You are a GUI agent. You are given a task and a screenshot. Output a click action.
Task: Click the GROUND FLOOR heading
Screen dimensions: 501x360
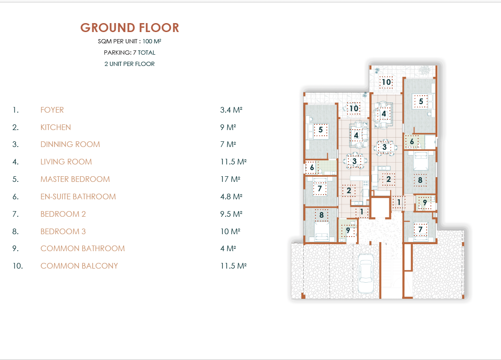pyautogui.click(x=129, y=28)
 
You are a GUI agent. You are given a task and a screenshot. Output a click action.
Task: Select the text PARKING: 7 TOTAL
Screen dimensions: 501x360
pyautogui.click(x=129, y=52)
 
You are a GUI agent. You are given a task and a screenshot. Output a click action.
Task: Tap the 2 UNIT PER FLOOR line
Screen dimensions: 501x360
pyautogui.click(x=129, y=64)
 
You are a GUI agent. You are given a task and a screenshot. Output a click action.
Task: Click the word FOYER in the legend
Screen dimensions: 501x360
pyautogui.click(x=52, y=110)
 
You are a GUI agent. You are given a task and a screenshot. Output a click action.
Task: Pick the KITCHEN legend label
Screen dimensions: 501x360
pyautogui.click(x=56, y=127)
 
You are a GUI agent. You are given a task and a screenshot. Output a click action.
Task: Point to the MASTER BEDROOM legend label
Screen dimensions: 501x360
pyautogui.click(x=75, y=180)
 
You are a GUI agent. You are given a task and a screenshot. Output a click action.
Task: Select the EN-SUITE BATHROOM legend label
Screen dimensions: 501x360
pyautogui.click(x=78, y=196)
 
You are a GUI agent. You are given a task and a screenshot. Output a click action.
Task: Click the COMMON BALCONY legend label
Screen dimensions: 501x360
pyautogui.click(x=79, y=266)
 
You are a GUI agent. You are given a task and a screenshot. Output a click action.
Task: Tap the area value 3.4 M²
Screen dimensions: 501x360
pyautogui.click(x=231, y=110)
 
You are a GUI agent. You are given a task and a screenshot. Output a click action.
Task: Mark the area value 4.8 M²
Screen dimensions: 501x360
pyautogui.click(x=231, y=196)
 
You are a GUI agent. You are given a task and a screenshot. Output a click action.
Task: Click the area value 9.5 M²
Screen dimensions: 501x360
pyautogui.click(x=231, y=214)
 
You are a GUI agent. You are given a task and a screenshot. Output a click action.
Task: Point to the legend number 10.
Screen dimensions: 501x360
pyautogui.click(x=18, y=266)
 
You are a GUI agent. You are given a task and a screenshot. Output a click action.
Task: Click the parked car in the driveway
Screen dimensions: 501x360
pyautogui.click(x=365, y=273)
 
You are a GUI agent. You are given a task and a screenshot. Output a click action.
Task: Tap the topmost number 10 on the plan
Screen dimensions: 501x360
pyautogui.click(x=386, y=82)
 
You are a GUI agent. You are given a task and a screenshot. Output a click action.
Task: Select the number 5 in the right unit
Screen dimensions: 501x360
pyautogui.click(x=421, y=102)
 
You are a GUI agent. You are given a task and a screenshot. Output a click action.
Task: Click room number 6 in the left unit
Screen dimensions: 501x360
pyautogui.click(x=312, y=168)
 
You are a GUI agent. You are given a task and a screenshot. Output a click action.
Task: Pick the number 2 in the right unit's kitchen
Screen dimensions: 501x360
pyautogui.click(x=388, y=180)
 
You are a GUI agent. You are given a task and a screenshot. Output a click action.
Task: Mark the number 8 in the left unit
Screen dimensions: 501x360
pyautogui.click(x=322, y=215)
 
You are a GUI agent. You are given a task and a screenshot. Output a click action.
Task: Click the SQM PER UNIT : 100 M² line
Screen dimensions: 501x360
pyautogui.click(x=129, y=41)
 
